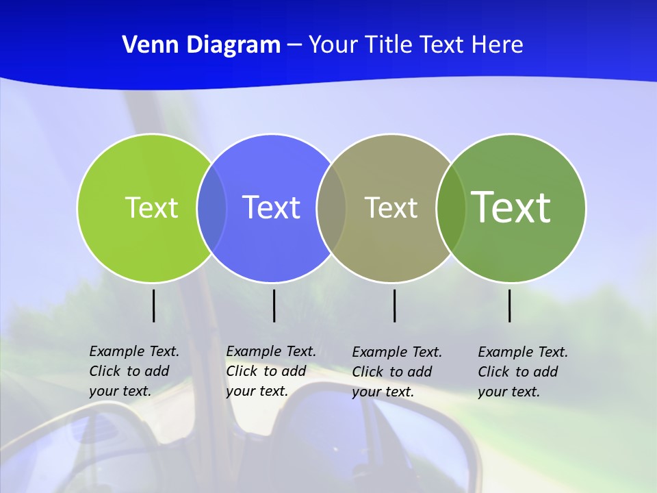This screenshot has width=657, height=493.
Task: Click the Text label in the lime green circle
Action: [151, 207]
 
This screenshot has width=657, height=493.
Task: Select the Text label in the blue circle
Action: [272, 207]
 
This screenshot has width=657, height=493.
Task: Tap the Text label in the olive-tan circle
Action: [391, 207]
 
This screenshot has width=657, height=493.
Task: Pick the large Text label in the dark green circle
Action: [511, 207]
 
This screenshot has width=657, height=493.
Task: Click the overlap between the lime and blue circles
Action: [211, 207]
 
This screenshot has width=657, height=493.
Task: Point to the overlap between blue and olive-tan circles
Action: [331, 207]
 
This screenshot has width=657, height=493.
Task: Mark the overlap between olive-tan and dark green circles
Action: [451, 207]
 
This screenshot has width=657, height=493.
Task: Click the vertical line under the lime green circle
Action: [153, 305]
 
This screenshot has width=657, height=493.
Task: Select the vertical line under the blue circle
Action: [274, 305]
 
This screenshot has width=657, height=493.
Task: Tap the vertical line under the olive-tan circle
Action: [394, 305]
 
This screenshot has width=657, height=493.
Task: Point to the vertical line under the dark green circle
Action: [509, 305]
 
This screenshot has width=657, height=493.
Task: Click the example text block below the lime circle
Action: [134, 371]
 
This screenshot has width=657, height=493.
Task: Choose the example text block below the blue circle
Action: [271, 371]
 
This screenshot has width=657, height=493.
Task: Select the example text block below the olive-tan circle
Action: [397, 372]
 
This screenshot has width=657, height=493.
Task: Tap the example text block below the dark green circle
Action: [523, 372]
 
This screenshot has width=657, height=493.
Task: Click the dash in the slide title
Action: [294, 45]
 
